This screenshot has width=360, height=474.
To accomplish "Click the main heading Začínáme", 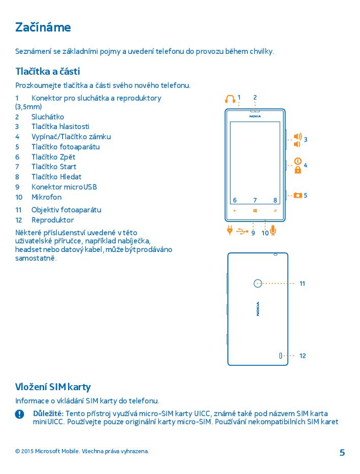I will click(43, 27).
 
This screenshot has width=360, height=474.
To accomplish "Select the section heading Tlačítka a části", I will click(48, 71).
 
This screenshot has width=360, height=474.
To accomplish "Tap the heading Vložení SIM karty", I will click(53, 387).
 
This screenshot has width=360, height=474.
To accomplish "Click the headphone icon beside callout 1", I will click(231, 98).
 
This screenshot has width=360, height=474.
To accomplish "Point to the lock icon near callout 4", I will click(298, 170).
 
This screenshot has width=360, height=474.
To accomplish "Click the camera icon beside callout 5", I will click(297, 195).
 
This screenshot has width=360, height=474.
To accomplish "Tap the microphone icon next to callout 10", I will click(273, 231).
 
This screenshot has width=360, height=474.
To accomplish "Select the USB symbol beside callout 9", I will click(242, 232).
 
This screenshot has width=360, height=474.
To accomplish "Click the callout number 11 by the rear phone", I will click(302, 283).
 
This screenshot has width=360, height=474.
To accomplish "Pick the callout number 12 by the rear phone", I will click(303, 356).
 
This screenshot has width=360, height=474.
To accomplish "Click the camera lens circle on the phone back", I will click(257, 283).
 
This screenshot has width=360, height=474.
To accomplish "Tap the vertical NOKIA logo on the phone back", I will click(258, 308).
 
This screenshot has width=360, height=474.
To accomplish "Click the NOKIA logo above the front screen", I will click(255, 116).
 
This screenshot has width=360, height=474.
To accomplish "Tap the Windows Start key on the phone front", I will click(255, 210).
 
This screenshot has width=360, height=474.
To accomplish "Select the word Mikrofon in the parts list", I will click(46, 197).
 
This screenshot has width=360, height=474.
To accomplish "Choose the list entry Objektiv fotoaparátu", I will click(66, 210).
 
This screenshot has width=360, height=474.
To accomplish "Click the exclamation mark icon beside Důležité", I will click(20, 414).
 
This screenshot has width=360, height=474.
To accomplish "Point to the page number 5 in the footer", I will click(342, 453).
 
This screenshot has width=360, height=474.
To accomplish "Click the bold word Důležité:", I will click(48, 413).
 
